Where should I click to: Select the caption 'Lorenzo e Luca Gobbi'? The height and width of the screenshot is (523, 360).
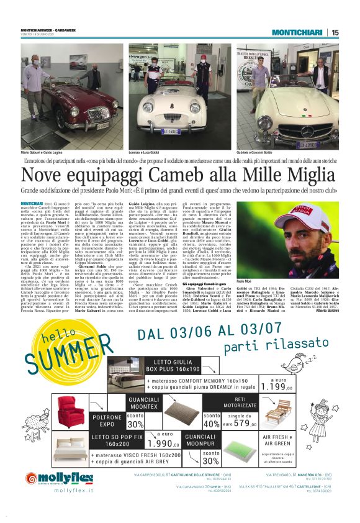pyautogui.click(x=146, y=152)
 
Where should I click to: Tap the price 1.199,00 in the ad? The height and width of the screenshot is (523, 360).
pyautogui.click(x=278, y=386)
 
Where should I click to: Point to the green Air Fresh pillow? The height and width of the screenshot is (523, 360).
pyautogui.click(x=242, y=449)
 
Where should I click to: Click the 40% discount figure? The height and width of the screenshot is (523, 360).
pyautogui.click(x=212, y=424)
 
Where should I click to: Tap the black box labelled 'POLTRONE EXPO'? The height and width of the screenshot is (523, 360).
pyautogui.click(x=107, y=421)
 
